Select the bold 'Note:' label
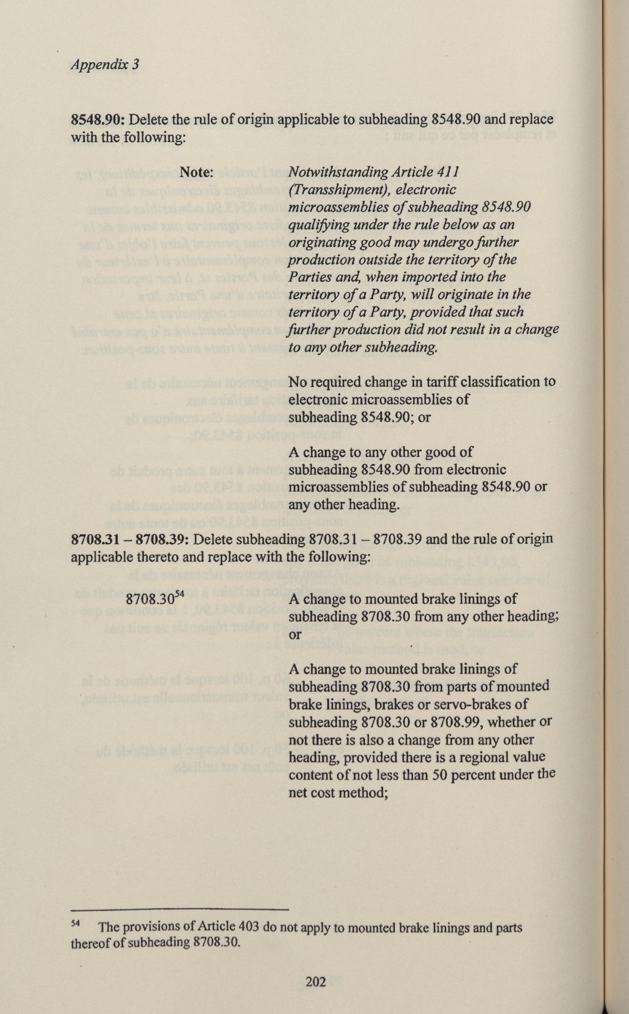(x=196, y=172)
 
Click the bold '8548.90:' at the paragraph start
(x=96, y=120)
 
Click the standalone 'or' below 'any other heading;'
(x=294, y=635)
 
